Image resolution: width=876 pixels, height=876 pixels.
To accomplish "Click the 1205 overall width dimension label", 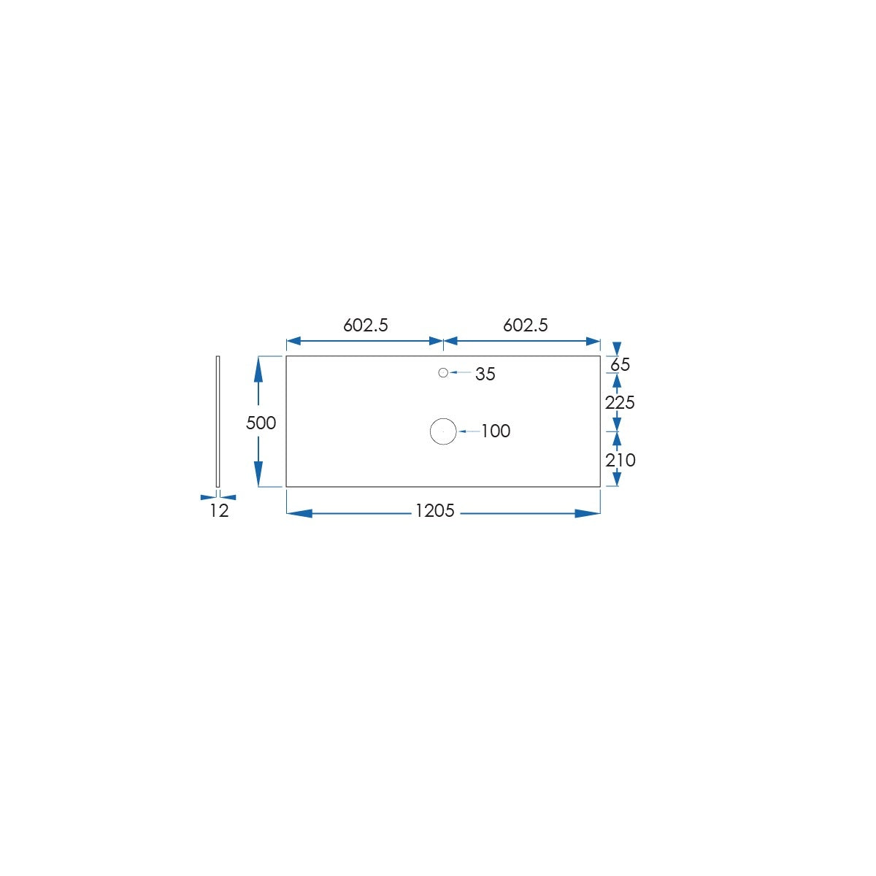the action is pyautogui.click(x=434, y=511).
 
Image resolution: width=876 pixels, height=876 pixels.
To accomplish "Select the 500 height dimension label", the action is pyautogui.click(x=261, y=423).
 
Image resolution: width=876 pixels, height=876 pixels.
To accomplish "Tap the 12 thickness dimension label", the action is pyautogui.click(x=219, y=511).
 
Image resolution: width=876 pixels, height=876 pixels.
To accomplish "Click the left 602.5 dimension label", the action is pyautogui.click(x=366, y=325).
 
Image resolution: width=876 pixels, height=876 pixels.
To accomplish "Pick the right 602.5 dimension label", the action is pyautogui.click(x=526, y=325).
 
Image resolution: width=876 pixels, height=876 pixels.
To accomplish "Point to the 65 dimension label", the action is pyautogui.click(x=620, y=364).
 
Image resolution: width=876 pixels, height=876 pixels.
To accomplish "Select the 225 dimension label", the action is pyautogui.click(x=620, y=402).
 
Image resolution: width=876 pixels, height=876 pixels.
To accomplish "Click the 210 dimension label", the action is pyautogui.click(x=620, y=461).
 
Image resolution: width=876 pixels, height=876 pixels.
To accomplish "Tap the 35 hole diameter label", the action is pyautogui.click(x=485, y=374).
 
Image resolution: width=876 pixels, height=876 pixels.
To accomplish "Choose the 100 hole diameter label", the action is pyautogui.click(x=496, y=431).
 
